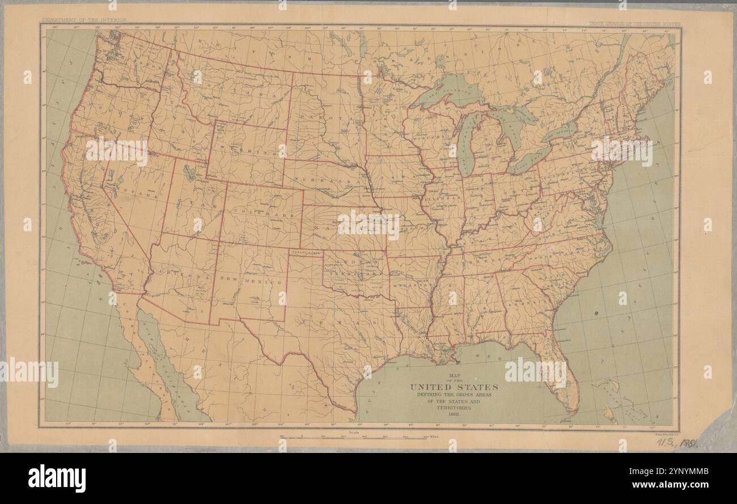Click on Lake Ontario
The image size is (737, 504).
click(x=558, y=132)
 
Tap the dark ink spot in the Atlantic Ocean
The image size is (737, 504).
click(x=596, y=313)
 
